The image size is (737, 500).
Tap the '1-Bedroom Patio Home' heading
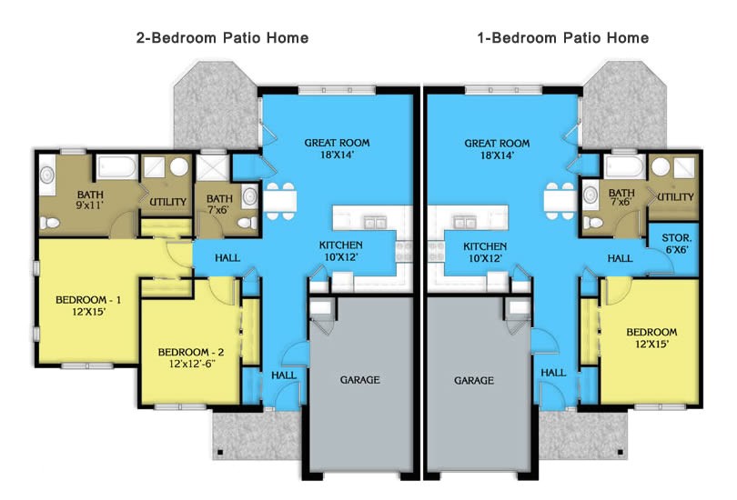click(562, 38)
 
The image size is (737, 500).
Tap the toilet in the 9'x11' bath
click(47, 177)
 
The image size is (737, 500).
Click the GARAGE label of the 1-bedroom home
click(474, 380)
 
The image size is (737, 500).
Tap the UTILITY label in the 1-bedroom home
click(675, 197)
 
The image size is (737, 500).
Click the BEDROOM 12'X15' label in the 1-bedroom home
click(651, 338)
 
